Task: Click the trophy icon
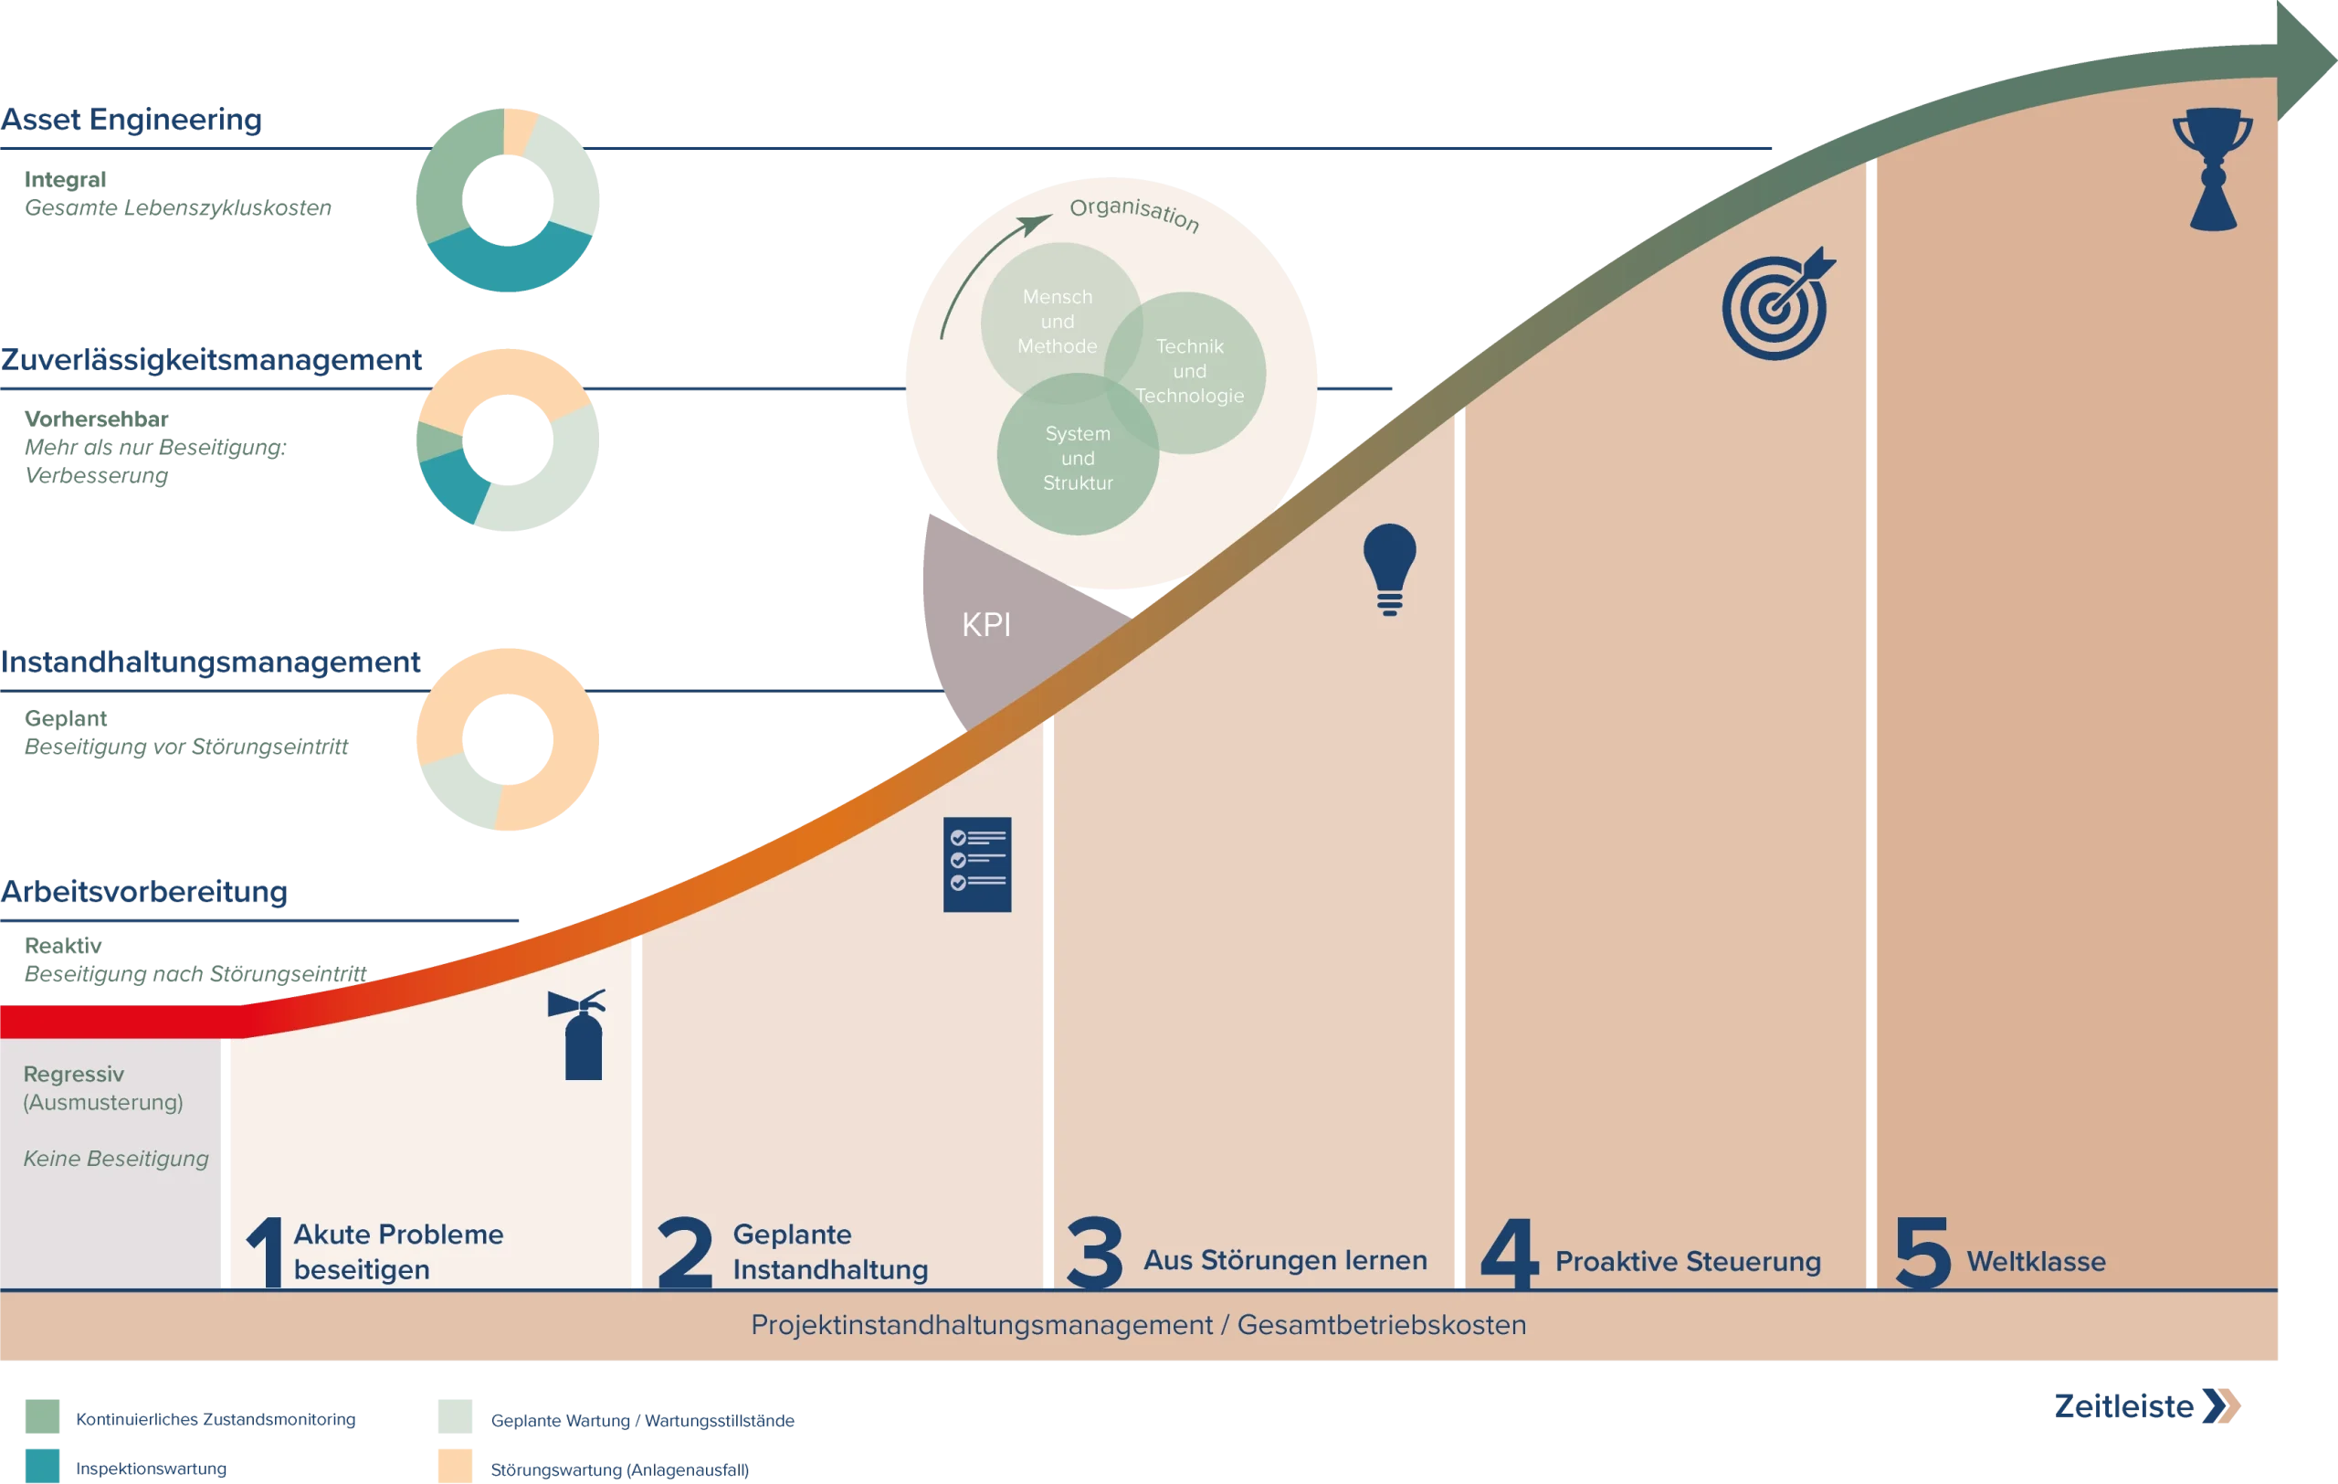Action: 2213,169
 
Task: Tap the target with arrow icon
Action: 1777,305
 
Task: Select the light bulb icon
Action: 1389,569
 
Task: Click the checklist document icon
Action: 977,864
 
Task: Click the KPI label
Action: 986,624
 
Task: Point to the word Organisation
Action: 1134,213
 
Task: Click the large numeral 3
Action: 1094,1253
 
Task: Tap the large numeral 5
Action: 1922,1253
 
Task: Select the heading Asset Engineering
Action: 132,120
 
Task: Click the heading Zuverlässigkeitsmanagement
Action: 211,359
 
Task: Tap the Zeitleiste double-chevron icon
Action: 2221,1405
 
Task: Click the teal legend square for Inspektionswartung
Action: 43,1467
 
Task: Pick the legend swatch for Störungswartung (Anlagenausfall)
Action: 456,1467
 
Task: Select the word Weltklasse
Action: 2036,1262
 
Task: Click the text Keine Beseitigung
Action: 116,1159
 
